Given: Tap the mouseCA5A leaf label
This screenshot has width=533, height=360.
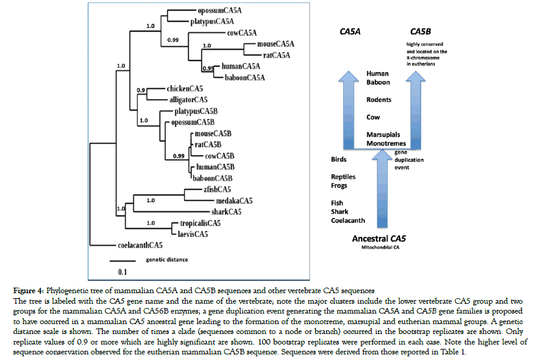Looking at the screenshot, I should [270, 45].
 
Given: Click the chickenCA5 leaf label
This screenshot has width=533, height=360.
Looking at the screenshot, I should [185, 89].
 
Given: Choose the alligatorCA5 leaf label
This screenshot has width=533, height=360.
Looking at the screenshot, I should [189, 99].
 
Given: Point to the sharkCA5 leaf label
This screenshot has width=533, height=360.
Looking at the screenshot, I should [226, 212].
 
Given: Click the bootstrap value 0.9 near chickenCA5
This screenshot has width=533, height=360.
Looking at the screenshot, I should [141, 91].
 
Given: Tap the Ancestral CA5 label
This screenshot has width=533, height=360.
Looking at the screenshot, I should [379, 238].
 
